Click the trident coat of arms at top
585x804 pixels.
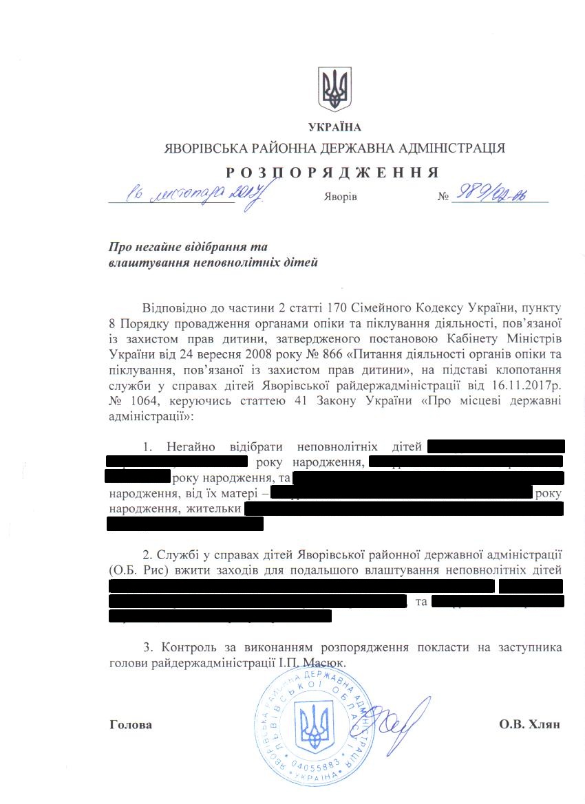[x=335, y=89]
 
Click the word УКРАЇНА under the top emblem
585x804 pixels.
[x=335, y=127]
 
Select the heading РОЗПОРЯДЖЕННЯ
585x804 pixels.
[x=332, y=172]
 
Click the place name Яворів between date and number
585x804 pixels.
[x=340, y=197]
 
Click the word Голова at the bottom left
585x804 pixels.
[x=131, y=725]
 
